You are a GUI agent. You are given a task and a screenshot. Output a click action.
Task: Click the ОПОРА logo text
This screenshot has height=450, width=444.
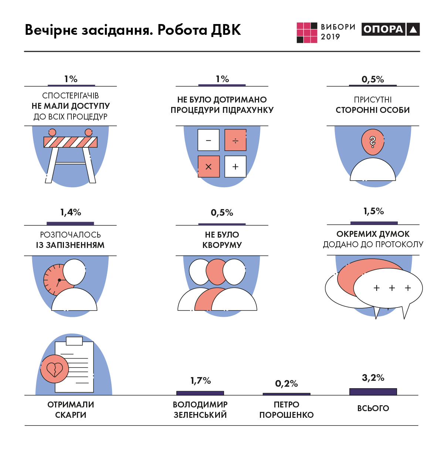(x=383, y=29)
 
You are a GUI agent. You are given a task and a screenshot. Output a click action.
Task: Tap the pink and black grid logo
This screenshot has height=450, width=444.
(x=307, y=33)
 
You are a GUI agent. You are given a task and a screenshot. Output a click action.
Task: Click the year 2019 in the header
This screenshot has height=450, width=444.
(x=330, y=37)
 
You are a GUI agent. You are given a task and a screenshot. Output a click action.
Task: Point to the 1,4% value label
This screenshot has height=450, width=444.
(x=71, y=212)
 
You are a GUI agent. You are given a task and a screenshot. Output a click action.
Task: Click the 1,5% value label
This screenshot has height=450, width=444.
(x=373, y=211)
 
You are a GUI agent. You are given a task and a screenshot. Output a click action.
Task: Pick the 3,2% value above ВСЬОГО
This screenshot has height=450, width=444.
(x=373, y=378)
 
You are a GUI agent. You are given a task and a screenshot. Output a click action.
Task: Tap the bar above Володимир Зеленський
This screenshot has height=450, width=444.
(x=200, y=393)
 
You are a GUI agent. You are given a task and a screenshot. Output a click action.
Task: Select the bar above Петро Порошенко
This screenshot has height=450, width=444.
(x=287, y=394)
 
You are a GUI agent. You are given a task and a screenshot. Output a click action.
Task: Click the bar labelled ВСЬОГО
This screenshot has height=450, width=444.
(x=373, y=392)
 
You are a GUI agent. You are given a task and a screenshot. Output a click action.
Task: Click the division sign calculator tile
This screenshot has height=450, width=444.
(x=235, y=140)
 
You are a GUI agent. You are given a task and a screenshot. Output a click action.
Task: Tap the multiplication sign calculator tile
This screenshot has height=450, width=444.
(x=209, y=167)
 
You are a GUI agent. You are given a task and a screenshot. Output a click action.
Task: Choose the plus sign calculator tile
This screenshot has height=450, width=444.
(x=235, y=167)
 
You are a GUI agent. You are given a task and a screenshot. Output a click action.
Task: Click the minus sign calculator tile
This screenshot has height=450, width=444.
(x=209, y=140)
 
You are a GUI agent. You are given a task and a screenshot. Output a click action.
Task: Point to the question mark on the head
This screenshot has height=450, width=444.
(x=373, y=141)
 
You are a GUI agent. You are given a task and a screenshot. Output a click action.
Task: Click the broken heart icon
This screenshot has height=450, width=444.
(x=55, y=369)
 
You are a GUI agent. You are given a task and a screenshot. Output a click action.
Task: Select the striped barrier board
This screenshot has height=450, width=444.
(x=70, y=142)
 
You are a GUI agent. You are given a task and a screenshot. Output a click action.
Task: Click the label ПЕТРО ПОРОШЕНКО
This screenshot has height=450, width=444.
(x=287, y=410)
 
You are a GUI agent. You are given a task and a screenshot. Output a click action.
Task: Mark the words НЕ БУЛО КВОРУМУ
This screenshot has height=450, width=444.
(x=222, y=240)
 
